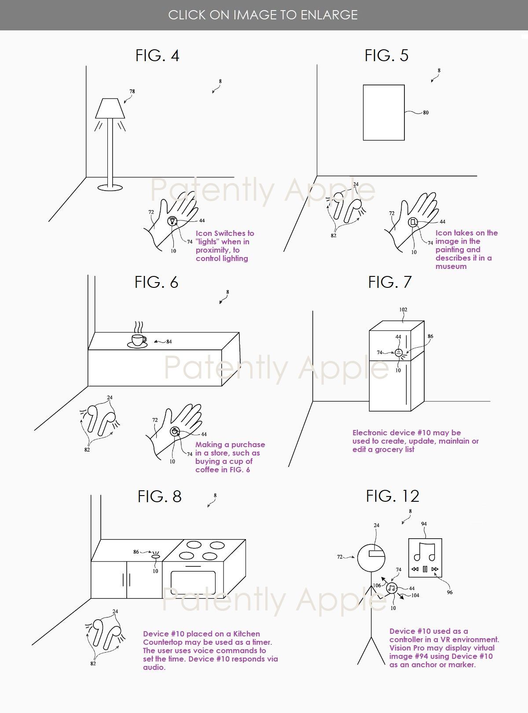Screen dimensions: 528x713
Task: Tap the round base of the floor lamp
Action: pos(110,187)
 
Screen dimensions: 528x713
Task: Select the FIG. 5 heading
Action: pos(386,55)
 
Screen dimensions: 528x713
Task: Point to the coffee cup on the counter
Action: pos(138,341)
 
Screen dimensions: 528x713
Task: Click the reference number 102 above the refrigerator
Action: pos(403,309)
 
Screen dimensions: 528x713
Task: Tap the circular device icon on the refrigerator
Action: pos(399,353)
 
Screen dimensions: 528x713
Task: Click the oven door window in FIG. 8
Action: pos(193,583)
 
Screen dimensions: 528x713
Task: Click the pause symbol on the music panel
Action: pos(425,569)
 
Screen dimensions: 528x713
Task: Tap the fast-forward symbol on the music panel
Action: pos(435,569)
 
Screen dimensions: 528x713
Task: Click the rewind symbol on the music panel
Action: pos(415,569)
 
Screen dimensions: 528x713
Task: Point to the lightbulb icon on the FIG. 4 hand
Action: pos(172,221)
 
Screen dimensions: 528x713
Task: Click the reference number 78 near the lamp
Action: pos(132,91)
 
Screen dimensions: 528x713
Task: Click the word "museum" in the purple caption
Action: pos(451,266)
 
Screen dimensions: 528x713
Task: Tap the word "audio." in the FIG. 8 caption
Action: pos(154,667)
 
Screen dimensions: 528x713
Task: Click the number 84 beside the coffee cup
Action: pos(169,342)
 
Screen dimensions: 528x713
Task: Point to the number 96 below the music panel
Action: pos(450,592)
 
